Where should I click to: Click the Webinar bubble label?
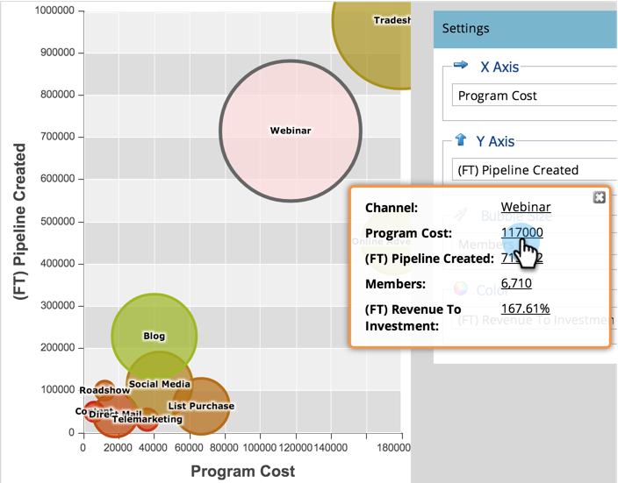291,131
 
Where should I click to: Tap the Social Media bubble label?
159,384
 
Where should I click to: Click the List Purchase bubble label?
201,406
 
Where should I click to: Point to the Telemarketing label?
147,419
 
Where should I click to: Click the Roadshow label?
104,390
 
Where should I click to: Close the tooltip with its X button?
600,197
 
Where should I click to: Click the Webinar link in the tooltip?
526,208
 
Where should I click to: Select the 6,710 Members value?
516,283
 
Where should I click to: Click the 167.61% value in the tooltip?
525,309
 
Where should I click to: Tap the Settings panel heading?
466,28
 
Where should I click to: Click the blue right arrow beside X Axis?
461,65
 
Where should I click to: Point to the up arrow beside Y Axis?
461,140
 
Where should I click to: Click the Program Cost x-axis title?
242,471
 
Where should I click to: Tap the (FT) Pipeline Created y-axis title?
19,224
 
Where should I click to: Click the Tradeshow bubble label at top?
392,20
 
